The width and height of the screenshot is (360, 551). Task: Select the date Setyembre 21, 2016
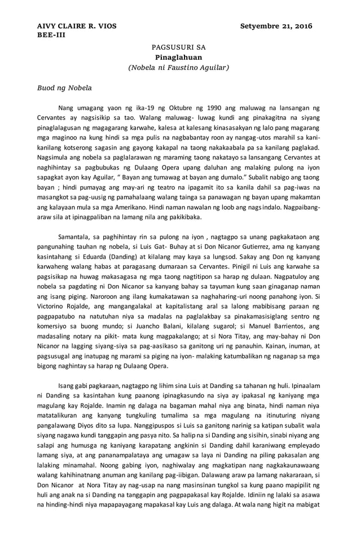point(276,26)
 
